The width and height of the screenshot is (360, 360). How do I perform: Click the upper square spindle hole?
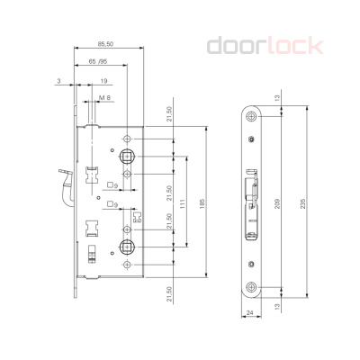tap(126, 155)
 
